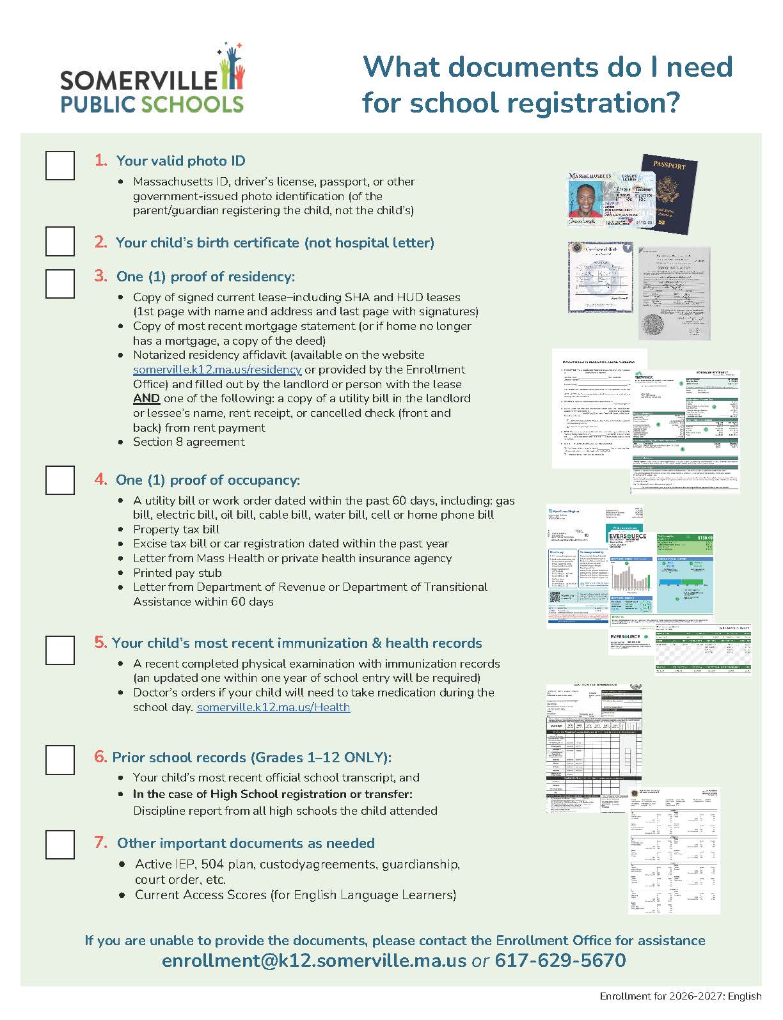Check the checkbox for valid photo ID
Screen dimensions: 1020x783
(60, 165)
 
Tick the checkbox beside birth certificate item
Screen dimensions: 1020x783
(60, 241)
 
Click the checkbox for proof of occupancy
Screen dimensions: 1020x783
(60, 480)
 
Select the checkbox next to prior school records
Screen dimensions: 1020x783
(60, 759)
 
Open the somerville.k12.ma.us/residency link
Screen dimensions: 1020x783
(217, 370)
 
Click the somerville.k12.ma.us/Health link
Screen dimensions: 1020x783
(273, 707)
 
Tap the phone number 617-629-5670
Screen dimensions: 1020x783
(560, 961)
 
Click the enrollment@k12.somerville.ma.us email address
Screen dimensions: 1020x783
(314, 961)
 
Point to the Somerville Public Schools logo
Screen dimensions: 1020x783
(153, 80)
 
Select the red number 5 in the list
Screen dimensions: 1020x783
(100, 642)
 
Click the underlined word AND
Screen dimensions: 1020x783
(146, 398)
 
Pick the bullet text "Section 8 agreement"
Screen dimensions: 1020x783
(189, 442)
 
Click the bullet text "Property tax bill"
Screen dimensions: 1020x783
(176, 530)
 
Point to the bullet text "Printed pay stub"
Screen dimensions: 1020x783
(177, 573)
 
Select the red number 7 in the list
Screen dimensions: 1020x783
(101, 842)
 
